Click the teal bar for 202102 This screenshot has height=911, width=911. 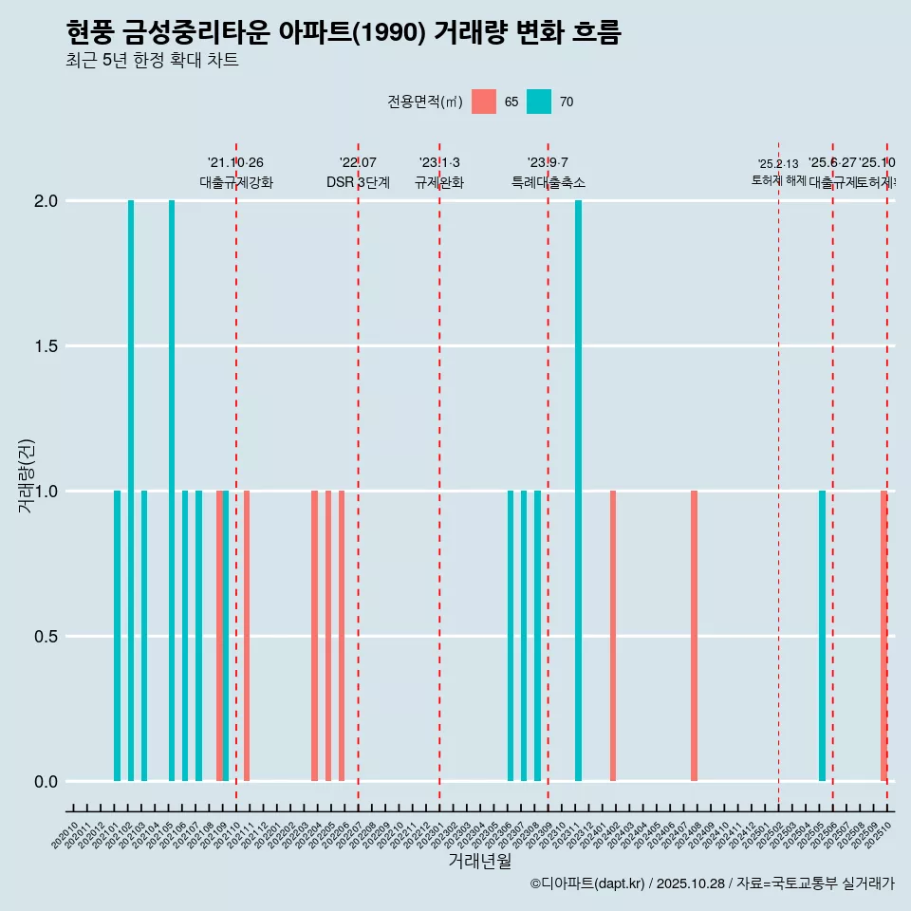(131, 491)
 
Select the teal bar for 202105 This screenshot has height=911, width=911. (172, 491)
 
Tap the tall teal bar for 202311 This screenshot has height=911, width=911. (578, 491)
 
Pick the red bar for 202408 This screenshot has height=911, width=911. (694, 636)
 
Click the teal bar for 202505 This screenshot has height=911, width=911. (822, 636)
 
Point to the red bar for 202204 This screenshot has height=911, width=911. (315, 636)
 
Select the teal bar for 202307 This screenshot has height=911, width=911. (524, 636)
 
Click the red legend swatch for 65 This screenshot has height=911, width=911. (484, 102)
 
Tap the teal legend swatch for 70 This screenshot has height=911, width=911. (539, 102)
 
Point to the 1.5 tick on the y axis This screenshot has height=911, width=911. (46, 346)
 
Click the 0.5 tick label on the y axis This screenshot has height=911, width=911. (46, 637)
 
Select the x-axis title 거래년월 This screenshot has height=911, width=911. (479, 861)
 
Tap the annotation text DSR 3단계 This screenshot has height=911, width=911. (358, 182)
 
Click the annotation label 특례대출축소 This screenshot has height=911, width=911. (548, 182)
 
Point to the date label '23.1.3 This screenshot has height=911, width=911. (439, 162)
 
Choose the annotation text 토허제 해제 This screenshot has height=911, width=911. (778, 179)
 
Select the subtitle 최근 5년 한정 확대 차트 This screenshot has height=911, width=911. (152, 62)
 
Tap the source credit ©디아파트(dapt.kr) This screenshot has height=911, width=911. (588, 883)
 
